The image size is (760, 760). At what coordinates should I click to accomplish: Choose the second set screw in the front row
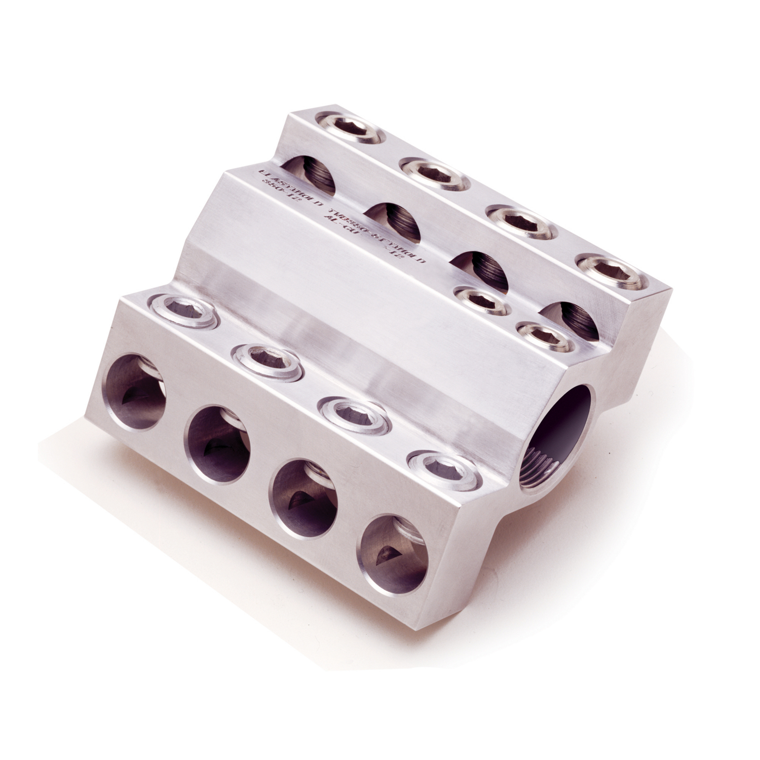click(x=265, y=360)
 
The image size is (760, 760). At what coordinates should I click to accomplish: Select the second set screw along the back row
click(x=434, y=173)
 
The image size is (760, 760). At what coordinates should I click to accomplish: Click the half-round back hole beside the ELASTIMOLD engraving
click(x=309, y=175)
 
